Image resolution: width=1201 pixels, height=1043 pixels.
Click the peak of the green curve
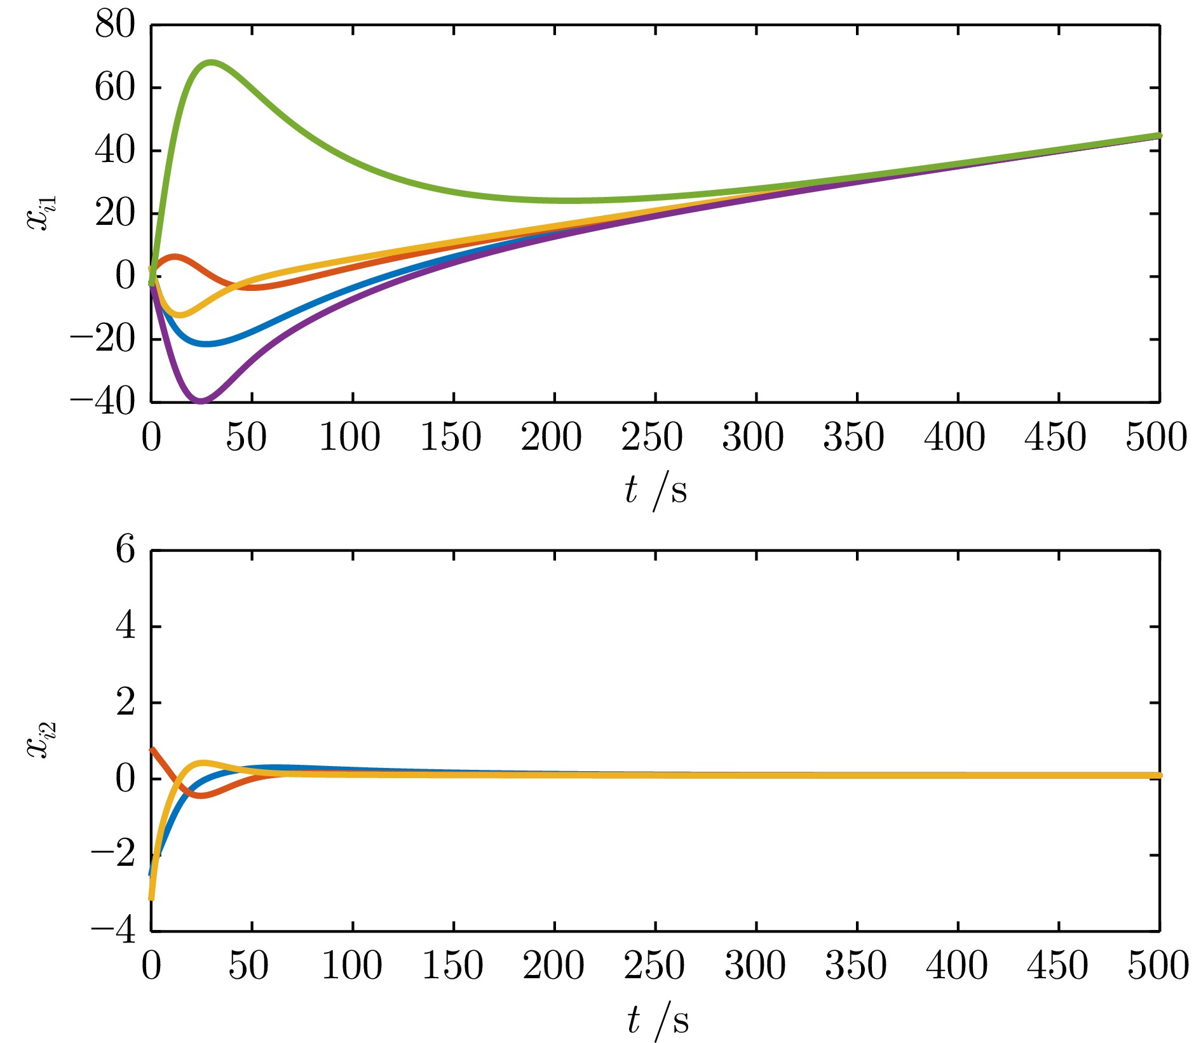(x=210, y=62)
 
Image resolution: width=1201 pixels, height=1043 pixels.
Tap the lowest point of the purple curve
(x=201, y=401)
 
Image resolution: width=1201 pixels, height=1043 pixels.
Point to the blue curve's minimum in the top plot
(x=206, y=344)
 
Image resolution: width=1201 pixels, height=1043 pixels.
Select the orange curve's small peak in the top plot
(x=175, y=256)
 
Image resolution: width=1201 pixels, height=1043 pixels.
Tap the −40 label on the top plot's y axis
(x=103, y=401)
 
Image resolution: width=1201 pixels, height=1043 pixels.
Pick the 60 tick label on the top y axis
(x=115, y=88)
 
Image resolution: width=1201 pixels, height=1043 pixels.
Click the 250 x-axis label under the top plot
(x=652, y=438)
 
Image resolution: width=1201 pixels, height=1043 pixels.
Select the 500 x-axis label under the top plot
(x=1155, y=438)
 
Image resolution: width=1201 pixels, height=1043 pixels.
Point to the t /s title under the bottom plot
(x=657, y=1021)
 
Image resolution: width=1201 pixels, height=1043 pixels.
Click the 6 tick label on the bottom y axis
(x=125, y=550)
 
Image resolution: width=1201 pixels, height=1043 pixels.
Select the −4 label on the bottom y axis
(x=113, y=932)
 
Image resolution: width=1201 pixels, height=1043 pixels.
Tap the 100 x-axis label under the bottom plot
(x=351, y=966)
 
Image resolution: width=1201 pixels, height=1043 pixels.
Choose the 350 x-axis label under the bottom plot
(x=855, y=966)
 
